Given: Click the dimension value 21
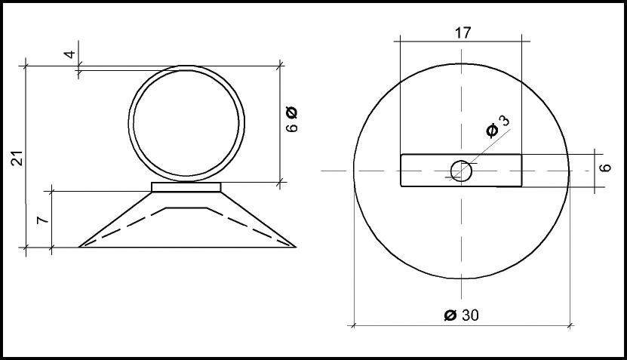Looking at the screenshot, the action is point(17,158).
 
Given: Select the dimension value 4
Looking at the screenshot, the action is point(70,54).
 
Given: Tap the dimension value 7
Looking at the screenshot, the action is point(43,220).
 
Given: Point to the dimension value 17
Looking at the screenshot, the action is point(463,32).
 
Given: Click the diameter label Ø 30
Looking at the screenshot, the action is point(462,315).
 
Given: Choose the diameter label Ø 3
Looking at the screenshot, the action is point(498,126).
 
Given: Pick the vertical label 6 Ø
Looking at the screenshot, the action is point(292,119).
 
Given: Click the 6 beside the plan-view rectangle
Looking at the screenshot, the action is point(606,168).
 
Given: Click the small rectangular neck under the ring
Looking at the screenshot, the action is point(186,187).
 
